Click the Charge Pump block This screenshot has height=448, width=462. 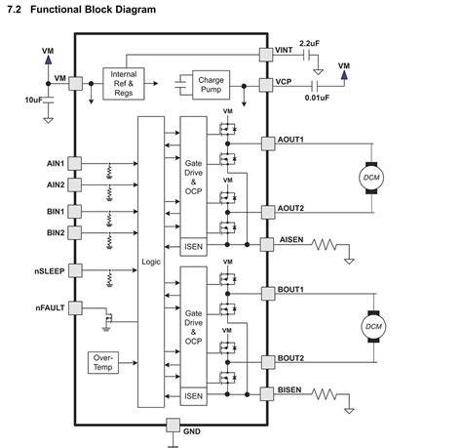tap(211, 84)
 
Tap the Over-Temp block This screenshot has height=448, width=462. tap(102, 363)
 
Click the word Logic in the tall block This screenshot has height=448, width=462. tap(151, 263)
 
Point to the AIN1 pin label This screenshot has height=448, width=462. tap(55, 163)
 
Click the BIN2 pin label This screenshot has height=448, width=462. tap(55, 232)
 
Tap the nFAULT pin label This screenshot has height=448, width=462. tap(49, 308)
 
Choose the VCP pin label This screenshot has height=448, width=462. tap(283, 84)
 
